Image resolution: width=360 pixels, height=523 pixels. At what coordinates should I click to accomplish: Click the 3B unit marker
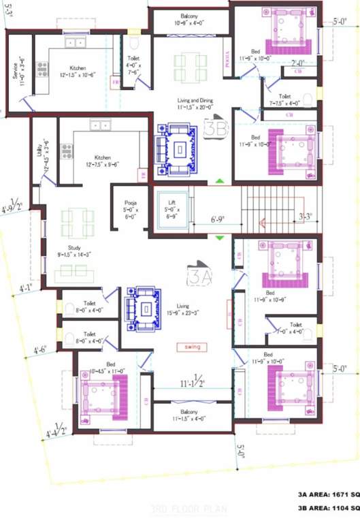pos(217,129)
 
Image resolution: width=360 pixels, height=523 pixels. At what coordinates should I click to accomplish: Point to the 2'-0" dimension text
pos(297,64)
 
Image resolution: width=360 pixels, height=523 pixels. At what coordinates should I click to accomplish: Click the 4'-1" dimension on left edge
pos(27,289)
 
